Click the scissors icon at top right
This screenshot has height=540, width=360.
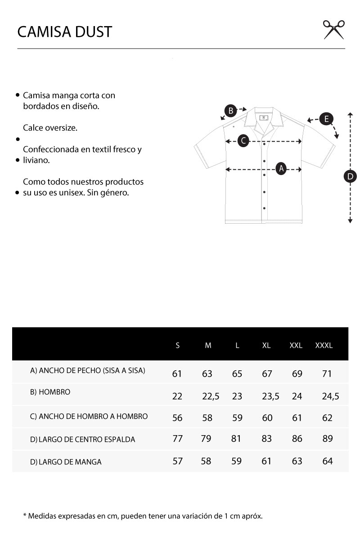coord(334,30)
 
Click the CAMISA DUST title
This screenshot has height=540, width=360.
coord(64,31)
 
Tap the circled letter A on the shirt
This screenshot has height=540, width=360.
coord(281,168)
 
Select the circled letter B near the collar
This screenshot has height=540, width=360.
coord(230,110)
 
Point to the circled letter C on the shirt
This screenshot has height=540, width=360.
coord(243,140)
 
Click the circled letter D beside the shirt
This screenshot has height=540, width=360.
coord(350,176)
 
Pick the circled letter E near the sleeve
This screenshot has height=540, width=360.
coord(326,119)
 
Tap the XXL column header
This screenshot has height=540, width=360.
coord(296,346)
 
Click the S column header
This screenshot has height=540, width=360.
coord(178,346)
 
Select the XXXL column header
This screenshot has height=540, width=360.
coord(324,346)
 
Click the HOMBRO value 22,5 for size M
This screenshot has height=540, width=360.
coord(211,396)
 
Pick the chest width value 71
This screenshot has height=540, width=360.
coord(328,374)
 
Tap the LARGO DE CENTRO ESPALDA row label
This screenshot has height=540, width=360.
coord(83,439)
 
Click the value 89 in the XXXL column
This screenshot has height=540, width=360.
coord(328,438)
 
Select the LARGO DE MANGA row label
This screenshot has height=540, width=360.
coord(66,462)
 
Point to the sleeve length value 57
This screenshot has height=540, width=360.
coord(178,461)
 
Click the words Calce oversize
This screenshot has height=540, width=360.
coord(50,128)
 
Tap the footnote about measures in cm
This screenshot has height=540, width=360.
coord(143,516)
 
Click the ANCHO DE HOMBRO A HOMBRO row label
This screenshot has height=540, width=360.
coord(89,416)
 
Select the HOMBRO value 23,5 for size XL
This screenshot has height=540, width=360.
coord(270,396)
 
